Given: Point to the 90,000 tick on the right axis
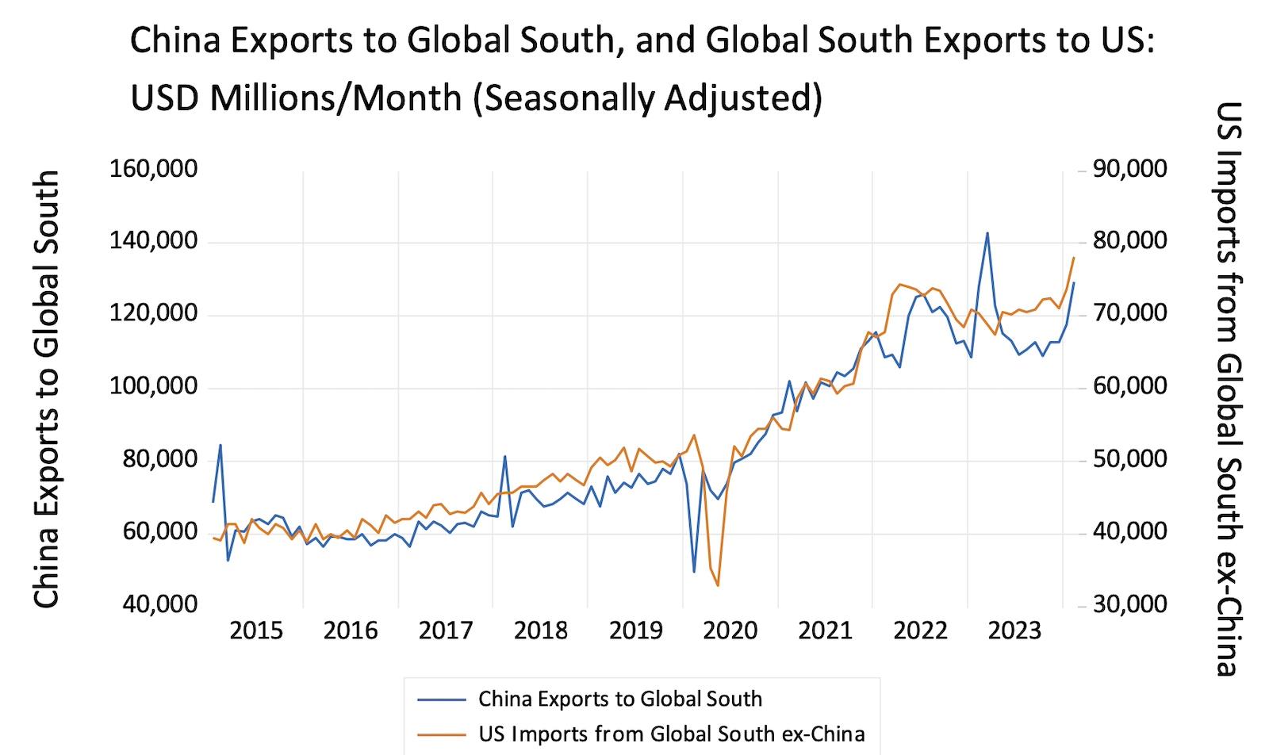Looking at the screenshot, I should pos(1129,170).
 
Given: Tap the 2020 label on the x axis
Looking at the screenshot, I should pos(730,631).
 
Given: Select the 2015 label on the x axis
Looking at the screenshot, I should pos(256,631).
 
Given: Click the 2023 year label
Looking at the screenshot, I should pos(1018,631).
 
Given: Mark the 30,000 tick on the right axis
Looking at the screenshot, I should pos(1129,605).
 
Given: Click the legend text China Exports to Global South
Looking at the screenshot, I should pos(619,699).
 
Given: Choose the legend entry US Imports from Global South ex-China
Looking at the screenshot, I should pos(671,734).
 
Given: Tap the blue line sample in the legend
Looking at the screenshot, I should pos(441,699).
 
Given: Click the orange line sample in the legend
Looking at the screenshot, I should pos(441,734).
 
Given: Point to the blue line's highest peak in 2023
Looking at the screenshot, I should pos(987,233).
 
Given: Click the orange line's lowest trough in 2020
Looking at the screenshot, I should pos(718,585).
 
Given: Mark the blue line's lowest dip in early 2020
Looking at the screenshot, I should pos(694,571).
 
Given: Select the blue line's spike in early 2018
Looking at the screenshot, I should pos(505,456).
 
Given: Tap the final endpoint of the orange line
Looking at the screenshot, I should pos(1074,258).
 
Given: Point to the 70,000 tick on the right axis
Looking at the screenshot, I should pos(1129,315).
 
